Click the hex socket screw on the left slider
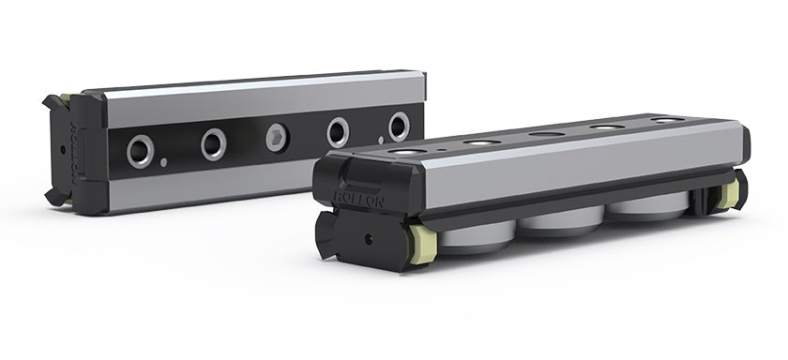(x=277, y=138)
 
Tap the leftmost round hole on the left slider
(x=141, y=150)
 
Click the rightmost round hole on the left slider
(x=400, y=126)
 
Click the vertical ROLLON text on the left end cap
(x=78, y=149)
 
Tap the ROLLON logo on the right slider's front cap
(x=353, y=197)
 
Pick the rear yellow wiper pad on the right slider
(x=729, y=194)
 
